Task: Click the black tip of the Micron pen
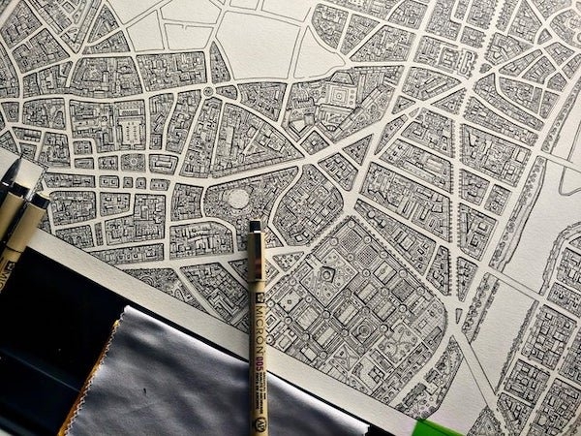[x=255, y=227]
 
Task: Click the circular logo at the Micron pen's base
[x=259, y=422]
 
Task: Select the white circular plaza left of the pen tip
[x=238, y=199]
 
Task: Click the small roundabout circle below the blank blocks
[x=208, y=92]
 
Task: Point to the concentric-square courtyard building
[x=341, y=97]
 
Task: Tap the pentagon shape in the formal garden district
[x=327, y=275]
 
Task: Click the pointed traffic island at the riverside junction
[x=458, y=314]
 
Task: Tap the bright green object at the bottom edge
[x=441, y=427]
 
